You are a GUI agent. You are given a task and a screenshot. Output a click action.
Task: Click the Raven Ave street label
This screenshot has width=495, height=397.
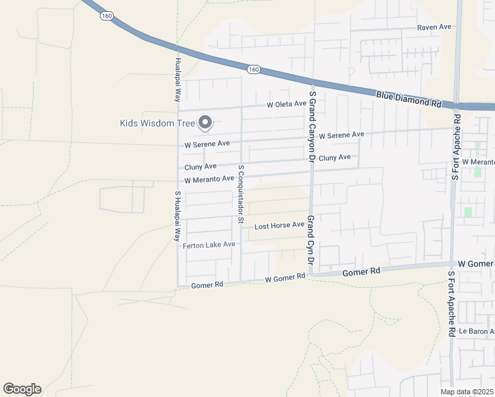[x=433, y=27]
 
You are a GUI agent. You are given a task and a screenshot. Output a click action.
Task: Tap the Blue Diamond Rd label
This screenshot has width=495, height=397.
[x=408, y=99]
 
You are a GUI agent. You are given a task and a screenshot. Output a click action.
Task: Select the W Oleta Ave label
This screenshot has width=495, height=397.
[x=287, y=104]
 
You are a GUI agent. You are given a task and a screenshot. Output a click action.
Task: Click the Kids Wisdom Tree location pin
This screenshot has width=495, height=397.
[x=205, y=122]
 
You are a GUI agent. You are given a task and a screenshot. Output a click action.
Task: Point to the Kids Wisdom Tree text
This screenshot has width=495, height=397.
[x=157, y=123]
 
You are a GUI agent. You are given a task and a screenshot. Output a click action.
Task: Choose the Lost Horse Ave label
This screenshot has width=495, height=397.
[x=279, y=226]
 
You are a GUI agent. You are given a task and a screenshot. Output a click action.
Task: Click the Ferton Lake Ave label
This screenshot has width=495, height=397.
[x=209, y=245]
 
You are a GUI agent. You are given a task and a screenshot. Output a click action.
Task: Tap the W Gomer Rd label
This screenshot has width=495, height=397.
[x=285, y=278]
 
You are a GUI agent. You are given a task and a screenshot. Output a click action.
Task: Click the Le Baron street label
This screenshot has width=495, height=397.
[x=476, y=331]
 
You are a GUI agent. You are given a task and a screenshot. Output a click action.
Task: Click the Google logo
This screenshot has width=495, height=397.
[x=22, y=389]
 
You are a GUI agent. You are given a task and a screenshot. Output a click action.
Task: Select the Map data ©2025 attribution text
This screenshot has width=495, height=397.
[x=467, y=392]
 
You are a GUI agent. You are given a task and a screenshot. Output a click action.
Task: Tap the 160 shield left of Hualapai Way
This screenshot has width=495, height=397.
[x=106, y=16]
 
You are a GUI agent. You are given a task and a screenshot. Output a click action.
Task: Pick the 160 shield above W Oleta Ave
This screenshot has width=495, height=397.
[x=253, y=69]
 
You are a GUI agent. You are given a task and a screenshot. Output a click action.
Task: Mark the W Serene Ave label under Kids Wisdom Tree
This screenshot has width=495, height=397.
[x=207, y=144]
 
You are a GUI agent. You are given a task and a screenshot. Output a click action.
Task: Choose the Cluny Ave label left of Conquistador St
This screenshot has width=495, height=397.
[x=201, y=167]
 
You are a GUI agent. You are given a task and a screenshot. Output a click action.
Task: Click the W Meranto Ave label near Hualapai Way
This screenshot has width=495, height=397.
[x=209, y=179]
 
